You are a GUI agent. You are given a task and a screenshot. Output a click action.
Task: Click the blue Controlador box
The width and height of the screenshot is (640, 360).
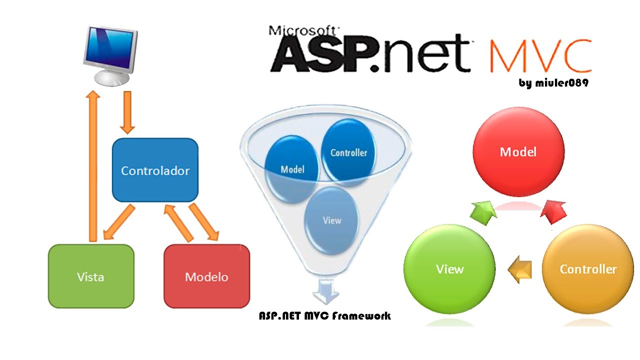(155, 170)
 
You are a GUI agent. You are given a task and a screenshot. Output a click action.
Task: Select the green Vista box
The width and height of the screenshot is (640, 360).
(91, 276)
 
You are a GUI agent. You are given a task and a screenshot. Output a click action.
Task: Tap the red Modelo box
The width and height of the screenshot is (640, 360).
(206, 276)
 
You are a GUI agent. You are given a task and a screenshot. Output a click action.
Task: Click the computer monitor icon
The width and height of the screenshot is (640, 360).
(109, 55)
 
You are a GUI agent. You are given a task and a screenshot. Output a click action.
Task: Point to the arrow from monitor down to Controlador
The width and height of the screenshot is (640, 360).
(128, 112)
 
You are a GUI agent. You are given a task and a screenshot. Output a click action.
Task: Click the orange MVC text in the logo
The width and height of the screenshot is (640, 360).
(540, 56)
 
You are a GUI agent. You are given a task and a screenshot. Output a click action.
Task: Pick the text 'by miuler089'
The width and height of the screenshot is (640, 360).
(553, 83)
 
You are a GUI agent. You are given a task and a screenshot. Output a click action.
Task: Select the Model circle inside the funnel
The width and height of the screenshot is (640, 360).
(292, 169)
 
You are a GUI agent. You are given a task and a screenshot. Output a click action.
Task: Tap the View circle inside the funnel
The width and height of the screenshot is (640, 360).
(331, 220)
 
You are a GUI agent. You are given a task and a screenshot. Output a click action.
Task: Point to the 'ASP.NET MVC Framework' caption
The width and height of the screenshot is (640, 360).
(324, 316)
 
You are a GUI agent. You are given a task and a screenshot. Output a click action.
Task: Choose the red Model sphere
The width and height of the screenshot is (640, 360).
(518, 151)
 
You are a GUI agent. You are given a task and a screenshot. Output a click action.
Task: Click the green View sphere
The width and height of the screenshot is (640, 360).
(449, 269)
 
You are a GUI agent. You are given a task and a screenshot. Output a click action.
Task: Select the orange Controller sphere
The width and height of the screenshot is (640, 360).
(587, 269)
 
